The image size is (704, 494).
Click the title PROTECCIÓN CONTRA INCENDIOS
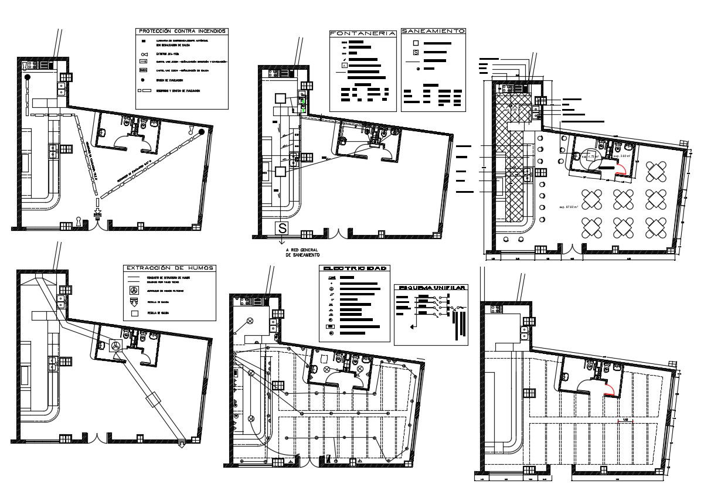[x=181, y=31]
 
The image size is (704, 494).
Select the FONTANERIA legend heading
[x=362, y=33]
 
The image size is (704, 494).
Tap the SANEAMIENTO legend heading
[x=434, y=31]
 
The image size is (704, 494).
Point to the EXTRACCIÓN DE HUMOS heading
[x=169, y=268]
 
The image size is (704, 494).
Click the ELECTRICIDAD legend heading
[x=355, y=268]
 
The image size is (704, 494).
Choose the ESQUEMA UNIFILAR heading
[x=432, y=288]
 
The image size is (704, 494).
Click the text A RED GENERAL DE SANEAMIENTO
[x=302, y=253]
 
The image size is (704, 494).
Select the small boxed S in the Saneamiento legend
[x=416, y=53]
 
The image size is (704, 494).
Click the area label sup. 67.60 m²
[x=568, y=206]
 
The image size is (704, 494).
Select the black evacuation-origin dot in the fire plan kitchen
[x=27, y=77]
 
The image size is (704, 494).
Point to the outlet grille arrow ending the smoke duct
[x=183, y=442]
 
